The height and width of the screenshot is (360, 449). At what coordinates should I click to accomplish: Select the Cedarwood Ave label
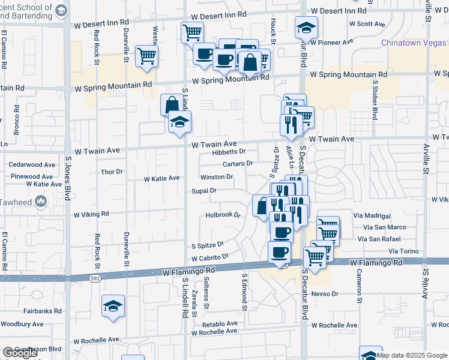point(32,164)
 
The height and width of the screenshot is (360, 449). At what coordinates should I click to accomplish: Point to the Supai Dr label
point(203,191)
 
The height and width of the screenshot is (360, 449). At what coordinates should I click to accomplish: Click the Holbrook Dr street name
point(222,215)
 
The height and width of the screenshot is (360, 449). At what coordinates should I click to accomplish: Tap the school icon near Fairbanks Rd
point(113,306)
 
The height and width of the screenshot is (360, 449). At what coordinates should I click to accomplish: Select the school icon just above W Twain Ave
point(179,122)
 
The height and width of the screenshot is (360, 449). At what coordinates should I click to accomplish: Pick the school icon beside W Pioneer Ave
point(306,28)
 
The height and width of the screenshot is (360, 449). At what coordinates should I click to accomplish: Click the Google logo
point(20,353)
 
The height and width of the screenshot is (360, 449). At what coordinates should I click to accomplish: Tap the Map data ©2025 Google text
point(412,355)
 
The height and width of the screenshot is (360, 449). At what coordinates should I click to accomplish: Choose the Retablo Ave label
point(215,324)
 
